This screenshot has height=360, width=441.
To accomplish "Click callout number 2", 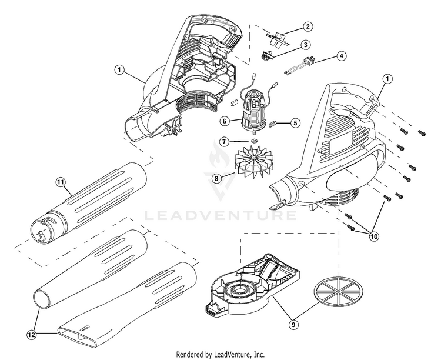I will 307,26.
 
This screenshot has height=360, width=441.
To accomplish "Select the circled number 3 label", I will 306,45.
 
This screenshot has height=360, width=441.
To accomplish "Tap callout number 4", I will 341,56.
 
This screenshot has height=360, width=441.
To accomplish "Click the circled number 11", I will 59,182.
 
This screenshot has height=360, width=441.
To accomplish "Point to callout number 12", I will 31,335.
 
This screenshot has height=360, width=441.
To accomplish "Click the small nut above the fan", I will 253,142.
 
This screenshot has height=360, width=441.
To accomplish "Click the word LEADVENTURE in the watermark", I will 220,215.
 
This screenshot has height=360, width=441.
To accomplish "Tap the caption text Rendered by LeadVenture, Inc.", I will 220,354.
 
